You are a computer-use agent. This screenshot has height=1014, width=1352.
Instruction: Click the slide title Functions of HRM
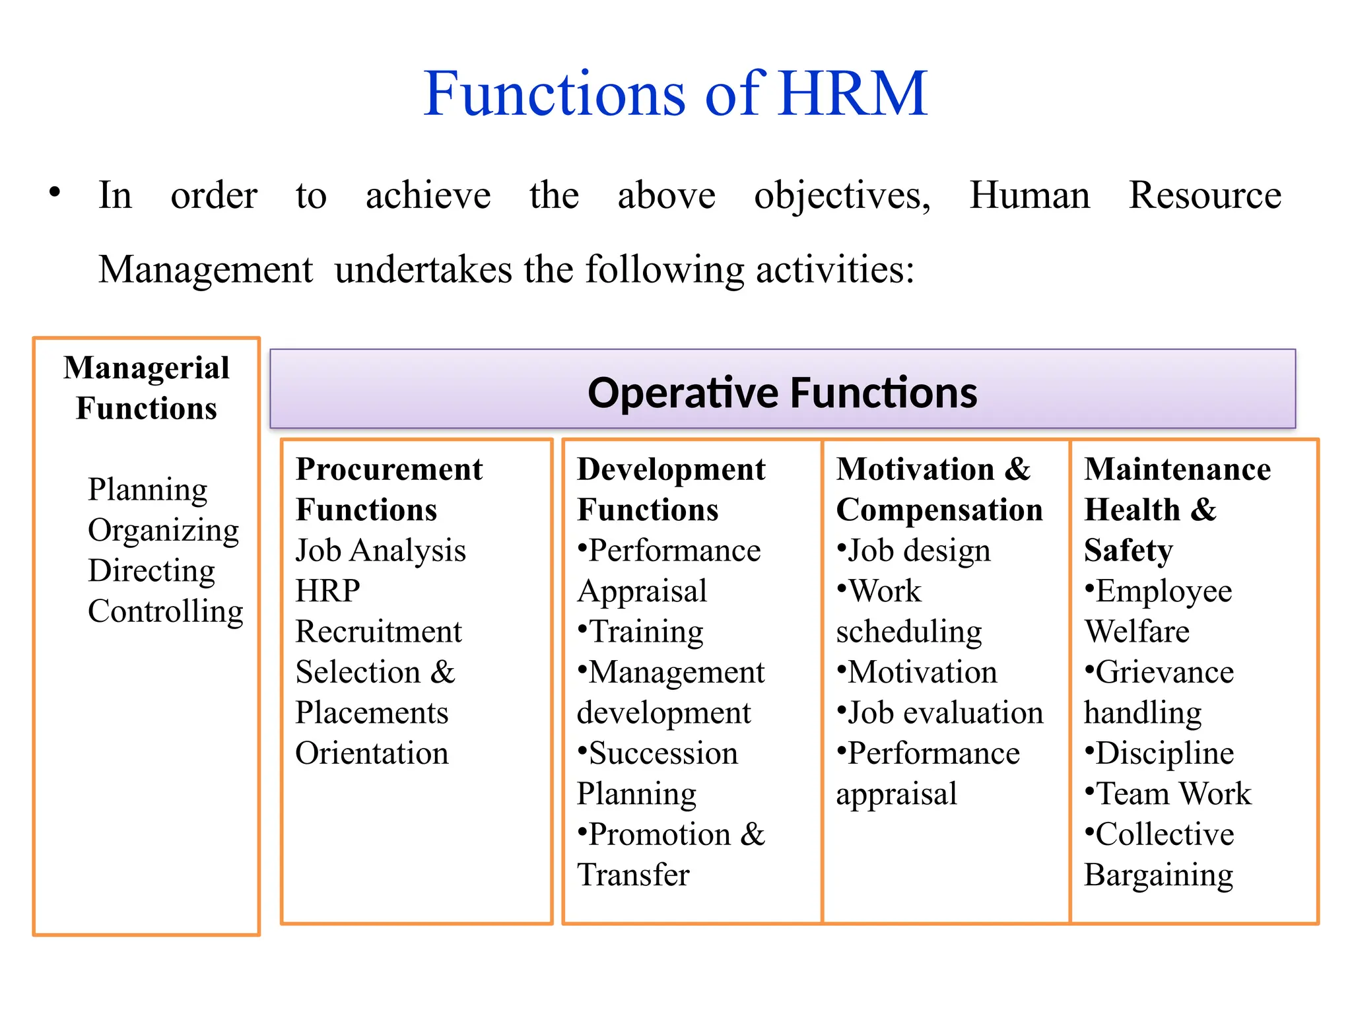point(675,94)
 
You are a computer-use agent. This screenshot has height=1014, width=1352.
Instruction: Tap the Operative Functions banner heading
point(782,393)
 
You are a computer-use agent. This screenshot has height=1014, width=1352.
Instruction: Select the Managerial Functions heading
point(147,388)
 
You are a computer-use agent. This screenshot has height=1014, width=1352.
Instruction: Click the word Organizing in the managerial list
point(163,531)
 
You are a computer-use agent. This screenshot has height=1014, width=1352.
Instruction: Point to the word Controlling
point(165,612)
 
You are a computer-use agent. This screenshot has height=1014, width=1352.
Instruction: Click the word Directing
point(151,571)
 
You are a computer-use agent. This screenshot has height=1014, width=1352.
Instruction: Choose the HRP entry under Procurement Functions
point(327,591)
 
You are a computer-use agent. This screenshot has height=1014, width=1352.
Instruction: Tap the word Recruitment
point(378,632)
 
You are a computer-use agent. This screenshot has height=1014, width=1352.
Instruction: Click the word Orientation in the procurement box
point(372,753)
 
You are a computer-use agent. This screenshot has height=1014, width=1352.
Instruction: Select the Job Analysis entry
point(380,551)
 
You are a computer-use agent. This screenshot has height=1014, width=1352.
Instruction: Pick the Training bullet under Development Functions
point(646,632)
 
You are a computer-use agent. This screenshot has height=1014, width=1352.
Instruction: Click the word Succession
point(663,753)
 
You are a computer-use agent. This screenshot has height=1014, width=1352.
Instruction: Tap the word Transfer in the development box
point(633,875)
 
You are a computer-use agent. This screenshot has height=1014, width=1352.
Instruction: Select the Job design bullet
point(918,551)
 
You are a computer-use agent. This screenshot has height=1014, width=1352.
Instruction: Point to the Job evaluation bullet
point(945,713)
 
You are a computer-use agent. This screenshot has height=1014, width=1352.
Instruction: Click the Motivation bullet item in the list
point(922,673)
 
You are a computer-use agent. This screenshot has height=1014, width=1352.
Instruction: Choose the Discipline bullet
point(1165,753)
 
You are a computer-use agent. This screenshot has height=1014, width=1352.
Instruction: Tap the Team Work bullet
point(1173,794)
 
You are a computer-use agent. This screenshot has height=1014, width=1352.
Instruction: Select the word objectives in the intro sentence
point(842,196)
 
